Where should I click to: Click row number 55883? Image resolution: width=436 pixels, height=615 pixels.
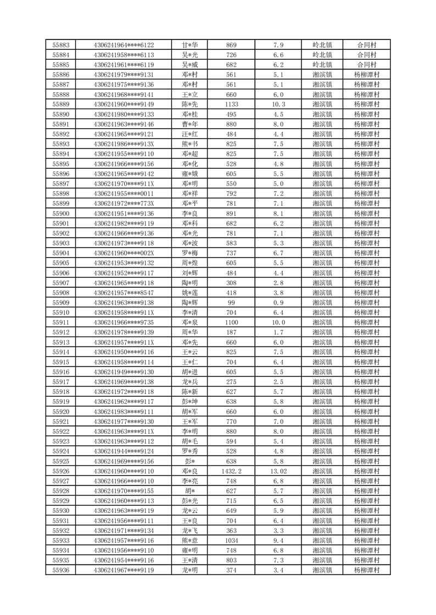click(x=60, y=45)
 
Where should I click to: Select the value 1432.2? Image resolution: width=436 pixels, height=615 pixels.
click(x=231, y=471)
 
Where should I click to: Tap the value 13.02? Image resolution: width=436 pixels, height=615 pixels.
click(x=278, y=471)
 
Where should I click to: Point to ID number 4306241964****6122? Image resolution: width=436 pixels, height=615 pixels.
click(x=124, y=45)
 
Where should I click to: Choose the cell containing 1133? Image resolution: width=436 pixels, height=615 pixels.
click(x=231, y=104)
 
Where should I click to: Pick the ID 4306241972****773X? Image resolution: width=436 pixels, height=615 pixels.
click(x=124, y=203)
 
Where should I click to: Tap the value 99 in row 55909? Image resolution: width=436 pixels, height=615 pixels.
click(x=231, y=303)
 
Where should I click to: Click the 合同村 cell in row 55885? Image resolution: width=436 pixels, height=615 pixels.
click(x=366, y=65)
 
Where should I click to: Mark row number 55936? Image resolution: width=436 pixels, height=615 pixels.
click(x=60, y=570)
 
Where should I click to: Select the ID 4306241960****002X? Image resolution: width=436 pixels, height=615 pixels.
click(x=124, y=253)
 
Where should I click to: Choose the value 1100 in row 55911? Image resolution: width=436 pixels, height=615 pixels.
click(x=231, y=322)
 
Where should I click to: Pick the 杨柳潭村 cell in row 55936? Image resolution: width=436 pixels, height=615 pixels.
click(x=366, y=570)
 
